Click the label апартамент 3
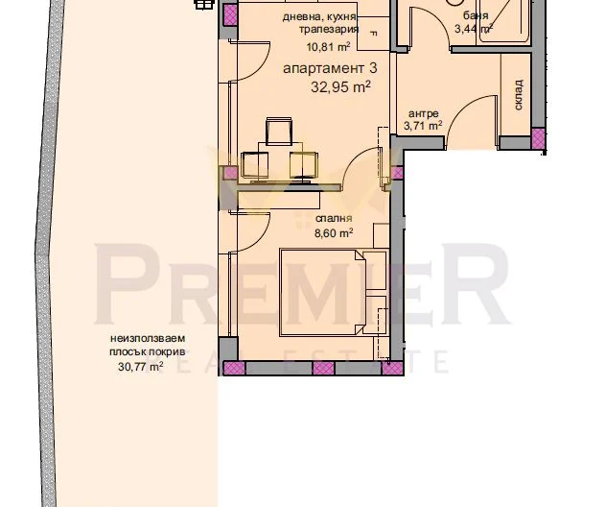tap(330, 69)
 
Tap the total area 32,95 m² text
tap(340, 86)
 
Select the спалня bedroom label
tap(334, 218)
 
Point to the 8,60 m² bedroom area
tap(334, 233)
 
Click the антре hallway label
tap(423, 114)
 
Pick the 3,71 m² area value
tap(423, 126)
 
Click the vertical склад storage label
tap(518, 95)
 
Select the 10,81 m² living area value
tap(328, 47)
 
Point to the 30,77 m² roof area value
tap(140, 366)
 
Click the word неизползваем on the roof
tap(148, 339)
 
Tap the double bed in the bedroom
tap(322, 293)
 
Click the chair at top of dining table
tap(279, 132)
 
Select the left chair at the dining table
tap(255, 166)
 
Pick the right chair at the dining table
tap(304, 165)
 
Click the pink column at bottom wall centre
tap(323, 369)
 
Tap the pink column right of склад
tap(538, 138)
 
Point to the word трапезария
tap(329, 30)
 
